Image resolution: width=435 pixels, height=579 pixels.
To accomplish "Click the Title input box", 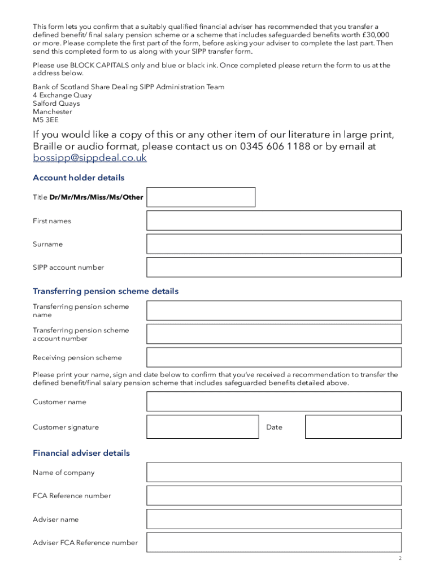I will click(201, 197).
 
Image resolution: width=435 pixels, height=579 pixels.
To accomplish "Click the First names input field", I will click(273, 221).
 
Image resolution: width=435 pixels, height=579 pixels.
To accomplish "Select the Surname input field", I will click(273, 244).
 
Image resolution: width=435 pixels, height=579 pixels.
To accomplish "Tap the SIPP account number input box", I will click(273, 267).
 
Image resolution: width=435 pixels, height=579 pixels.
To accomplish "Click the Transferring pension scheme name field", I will click(273, 310).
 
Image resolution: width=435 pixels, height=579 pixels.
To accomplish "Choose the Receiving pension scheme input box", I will click(273, 357).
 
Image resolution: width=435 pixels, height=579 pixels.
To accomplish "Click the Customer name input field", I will click(273, 401).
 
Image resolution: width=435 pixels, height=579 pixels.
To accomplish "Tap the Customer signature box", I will click(203, 427).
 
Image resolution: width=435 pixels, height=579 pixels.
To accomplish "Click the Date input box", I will click(353, 427).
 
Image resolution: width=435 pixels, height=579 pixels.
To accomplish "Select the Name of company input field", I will click(273, 472).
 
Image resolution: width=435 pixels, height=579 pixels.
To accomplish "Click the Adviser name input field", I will click(273, 519).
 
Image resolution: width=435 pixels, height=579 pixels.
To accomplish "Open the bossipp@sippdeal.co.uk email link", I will click(90, 158).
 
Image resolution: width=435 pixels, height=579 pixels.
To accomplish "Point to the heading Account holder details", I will click(79, 178).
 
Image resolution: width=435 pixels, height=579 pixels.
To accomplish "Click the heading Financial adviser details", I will click(81, 453).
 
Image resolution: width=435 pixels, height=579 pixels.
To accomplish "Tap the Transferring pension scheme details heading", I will click(106, 291).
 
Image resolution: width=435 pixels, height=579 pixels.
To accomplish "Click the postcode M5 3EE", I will click(45, 120).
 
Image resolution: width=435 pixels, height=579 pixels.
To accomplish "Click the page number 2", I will click(399, 559).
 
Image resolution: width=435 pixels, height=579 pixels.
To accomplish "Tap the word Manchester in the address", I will click(53, 112).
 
